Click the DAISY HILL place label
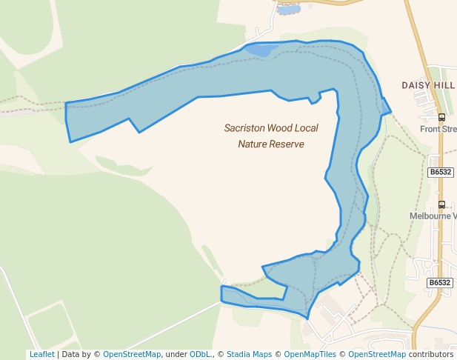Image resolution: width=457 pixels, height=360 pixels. click(428, 86)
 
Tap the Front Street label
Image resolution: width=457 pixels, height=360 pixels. click(438, 129)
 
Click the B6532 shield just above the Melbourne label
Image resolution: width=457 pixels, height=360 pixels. click(440, 172)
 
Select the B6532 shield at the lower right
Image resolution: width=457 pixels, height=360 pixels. click(439, 283)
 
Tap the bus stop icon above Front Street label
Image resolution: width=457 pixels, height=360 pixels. click(442, 117)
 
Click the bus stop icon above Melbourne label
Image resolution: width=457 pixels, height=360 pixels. click(442, 204)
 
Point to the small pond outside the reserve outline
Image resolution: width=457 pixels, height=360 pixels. click(287, 10)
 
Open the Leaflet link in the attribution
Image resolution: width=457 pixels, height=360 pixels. click(41, 355)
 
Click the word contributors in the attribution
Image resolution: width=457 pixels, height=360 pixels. click(431, 355)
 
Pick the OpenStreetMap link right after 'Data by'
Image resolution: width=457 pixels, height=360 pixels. click(131, 355)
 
